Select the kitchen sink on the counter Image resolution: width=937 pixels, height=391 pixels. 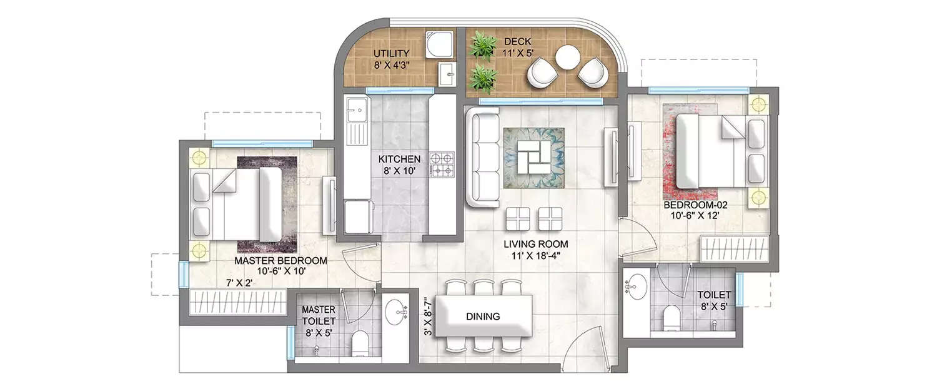(355, 112)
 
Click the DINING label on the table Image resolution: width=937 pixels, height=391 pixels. (482, 317)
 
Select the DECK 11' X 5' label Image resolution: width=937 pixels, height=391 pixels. (518, 47)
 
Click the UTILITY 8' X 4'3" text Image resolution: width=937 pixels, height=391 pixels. (391, 59)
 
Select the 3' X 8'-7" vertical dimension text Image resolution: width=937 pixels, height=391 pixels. (428, 317)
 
